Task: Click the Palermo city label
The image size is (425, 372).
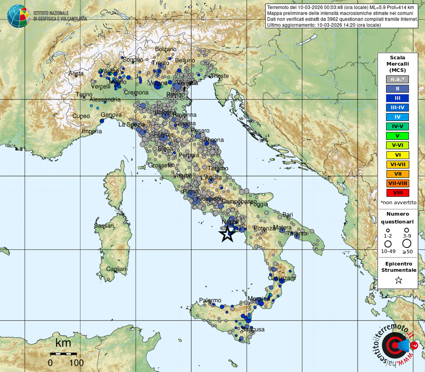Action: (210, 300)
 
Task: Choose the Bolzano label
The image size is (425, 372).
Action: (165, 49)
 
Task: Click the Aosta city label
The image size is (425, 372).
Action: (76, 73)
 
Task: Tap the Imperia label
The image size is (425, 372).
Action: (92, 132)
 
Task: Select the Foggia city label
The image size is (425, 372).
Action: (259, 205)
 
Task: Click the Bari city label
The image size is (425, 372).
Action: (287, 215)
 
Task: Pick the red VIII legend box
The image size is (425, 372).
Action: (397, 193)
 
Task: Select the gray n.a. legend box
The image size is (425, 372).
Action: (397, 79)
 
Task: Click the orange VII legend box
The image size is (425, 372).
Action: (397, 174)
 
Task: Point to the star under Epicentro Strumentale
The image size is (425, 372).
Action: (398, 280)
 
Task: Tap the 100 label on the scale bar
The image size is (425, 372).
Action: (76, 363)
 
